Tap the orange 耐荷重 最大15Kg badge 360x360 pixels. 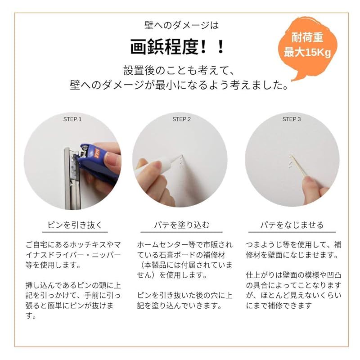coord(307,45)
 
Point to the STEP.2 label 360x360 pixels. coord(181,119)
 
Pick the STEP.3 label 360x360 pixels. coord(291,119)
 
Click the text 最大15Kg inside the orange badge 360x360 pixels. coord(307,52)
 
